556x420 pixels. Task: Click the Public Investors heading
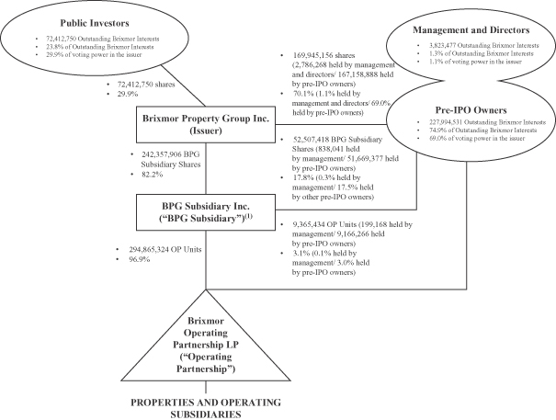[x=95, y=23]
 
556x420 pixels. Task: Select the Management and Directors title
[x=471, y=30]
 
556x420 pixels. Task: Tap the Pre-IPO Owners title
[x=471, y=110]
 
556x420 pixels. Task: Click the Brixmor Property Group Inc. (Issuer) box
[x=206, y=124]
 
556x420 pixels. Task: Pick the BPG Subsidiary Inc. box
[x=206, y=212]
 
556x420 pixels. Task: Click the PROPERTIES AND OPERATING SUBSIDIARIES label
[x=206, y=408]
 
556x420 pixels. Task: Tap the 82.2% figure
[x=152, y=175]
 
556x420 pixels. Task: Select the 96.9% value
[x=139, y=259]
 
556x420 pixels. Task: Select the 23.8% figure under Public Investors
[x=53, y=47]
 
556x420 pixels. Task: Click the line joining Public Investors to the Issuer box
[x=183, y=85]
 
